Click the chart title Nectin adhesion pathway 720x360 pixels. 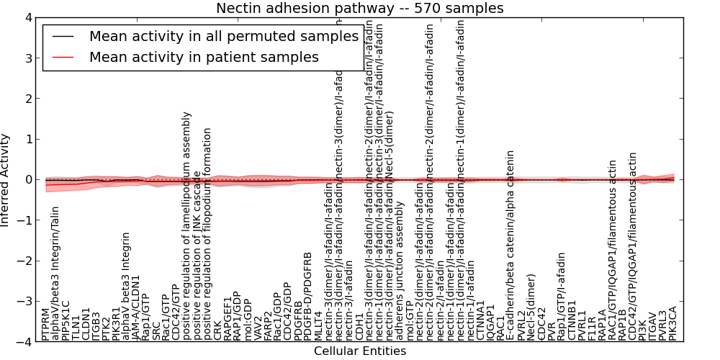click(x=360, y=8)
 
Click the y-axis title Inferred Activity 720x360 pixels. click(x=6, y=179)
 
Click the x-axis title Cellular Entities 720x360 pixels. click(x=360, y=351)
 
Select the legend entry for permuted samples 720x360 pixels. click(x=223, y=36)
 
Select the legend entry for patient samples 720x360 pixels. click(x=204, y=57)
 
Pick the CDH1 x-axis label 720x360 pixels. click(x=360, y=328)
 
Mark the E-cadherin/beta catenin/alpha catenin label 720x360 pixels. click(x=510, y=245)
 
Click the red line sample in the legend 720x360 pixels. click(x=63, y=57)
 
